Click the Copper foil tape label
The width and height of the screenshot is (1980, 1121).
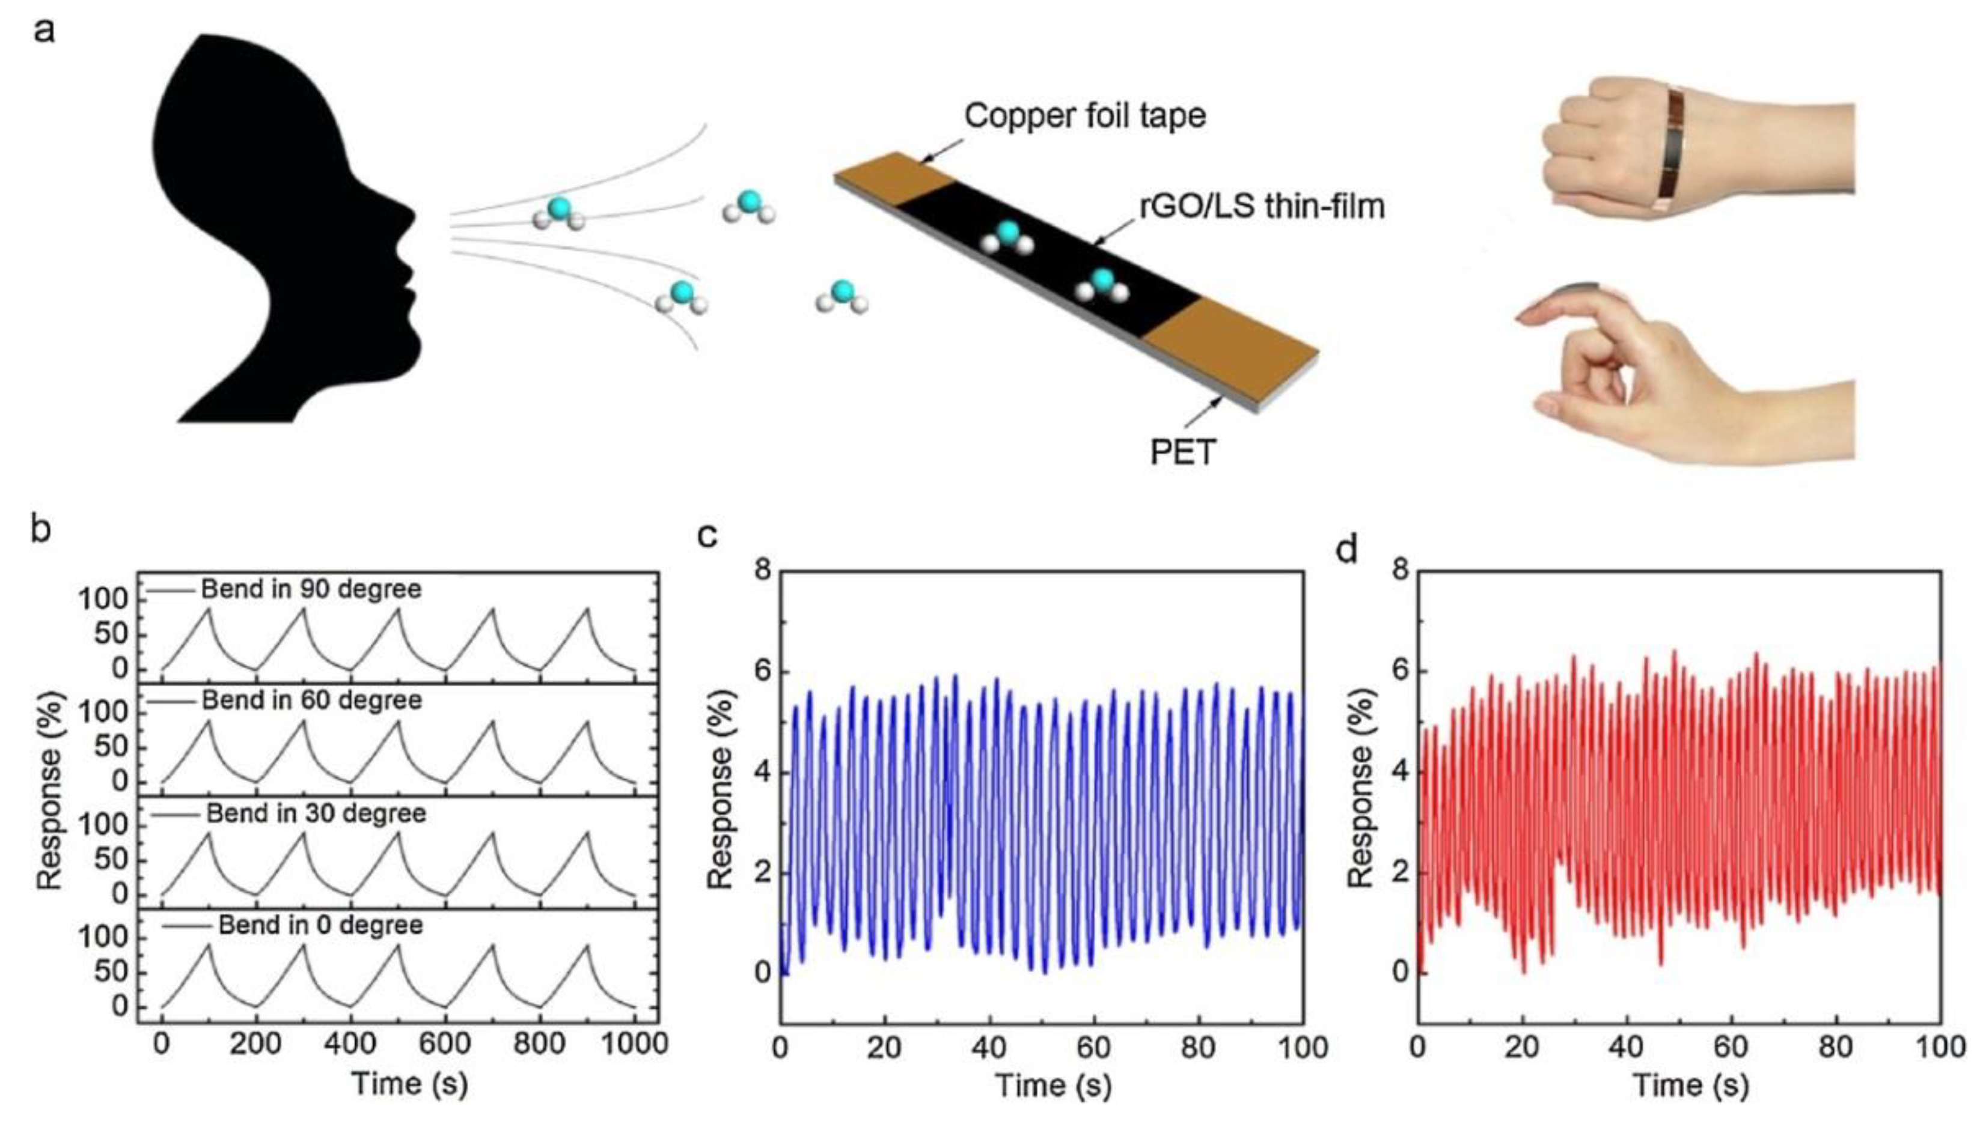[1084, 117]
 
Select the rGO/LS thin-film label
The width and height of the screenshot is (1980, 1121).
[1262, 206]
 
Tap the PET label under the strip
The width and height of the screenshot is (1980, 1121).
[1182, 452]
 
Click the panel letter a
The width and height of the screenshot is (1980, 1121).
[44, 32]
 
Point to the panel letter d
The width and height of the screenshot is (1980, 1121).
[1346, 549]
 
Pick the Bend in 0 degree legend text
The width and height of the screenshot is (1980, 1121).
[320, 925]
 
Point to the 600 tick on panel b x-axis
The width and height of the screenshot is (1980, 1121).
[444, 1044]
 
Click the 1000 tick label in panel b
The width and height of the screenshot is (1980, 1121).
[635, 1044]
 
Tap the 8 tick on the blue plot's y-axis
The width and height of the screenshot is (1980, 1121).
[762, 570]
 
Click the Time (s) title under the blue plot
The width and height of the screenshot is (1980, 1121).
[1053, 1086]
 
